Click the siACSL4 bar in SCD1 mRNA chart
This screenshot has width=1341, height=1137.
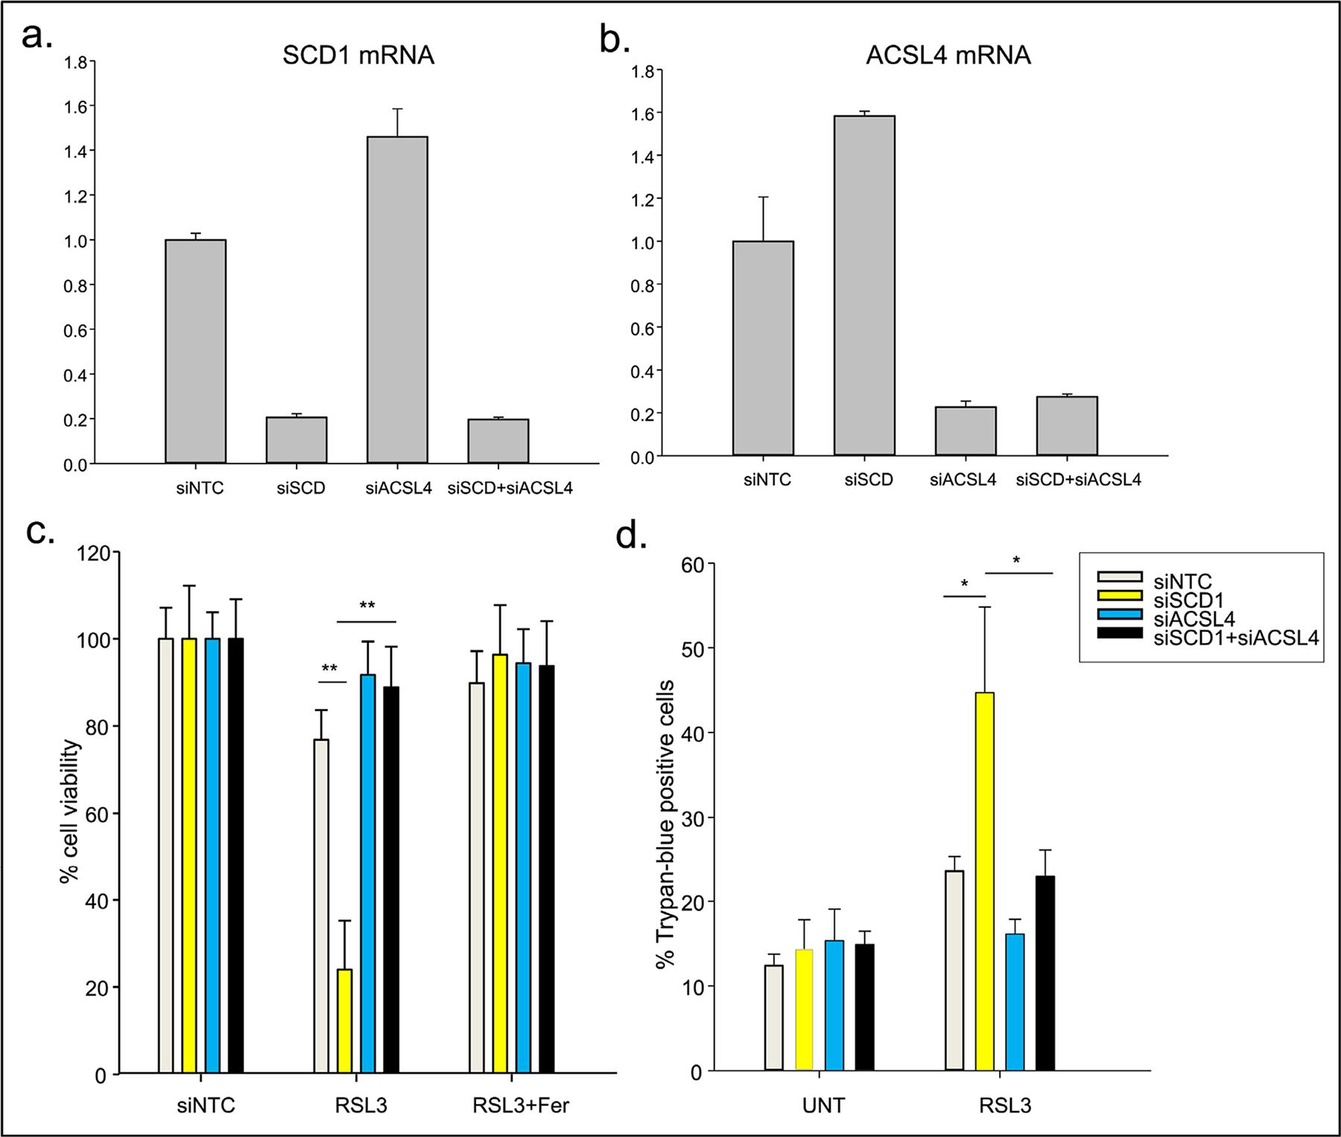click(x=396, y=300)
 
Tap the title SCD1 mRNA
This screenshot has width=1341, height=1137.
click(x=358, y=56)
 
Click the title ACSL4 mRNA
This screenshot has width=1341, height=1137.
click(x=948, y=56)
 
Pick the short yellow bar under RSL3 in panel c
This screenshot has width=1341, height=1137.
click(x=344, y=1021)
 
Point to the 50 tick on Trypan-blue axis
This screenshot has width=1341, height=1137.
click(x=696, y=648)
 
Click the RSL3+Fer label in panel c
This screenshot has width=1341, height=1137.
click(x=521, y=1105)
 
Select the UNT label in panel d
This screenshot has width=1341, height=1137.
click(x=824, y=1105)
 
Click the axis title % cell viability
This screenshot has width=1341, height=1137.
click(x=72, y=811)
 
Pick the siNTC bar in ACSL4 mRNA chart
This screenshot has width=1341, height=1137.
click(x=763, y=348)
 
